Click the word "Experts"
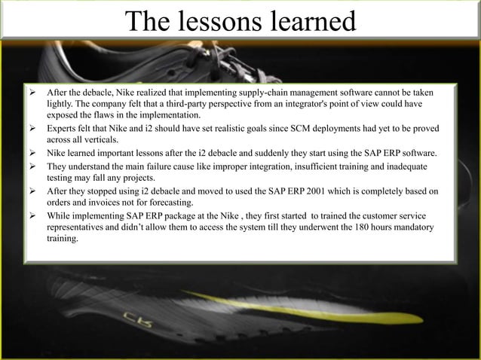coord(62,130)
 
